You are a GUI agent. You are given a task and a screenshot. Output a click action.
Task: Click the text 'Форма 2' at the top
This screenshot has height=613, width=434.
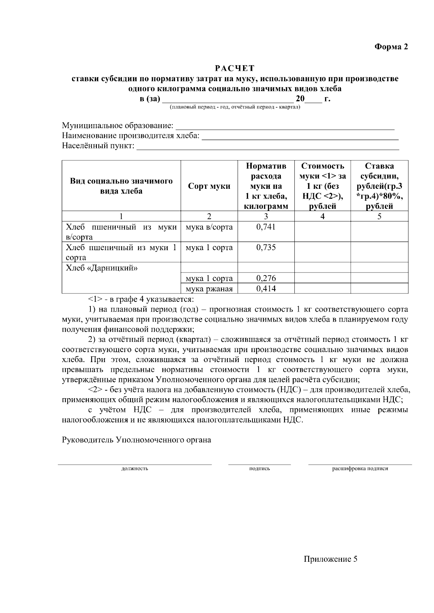(x=391, y=47)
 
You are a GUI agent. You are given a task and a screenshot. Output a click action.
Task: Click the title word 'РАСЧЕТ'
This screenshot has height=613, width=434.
(x=235, y=68)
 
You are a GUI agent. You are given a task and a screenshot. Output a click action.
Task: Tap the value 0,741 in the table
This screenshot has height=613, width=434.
(x=266, y=227)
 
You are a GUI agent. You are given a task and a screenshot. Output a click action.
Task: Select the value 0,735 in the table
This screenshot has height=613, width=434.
(x=266, y=247)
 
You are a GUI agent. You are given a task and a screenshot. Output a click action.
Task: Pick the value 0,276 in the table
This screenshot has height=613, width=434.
(x=266, y=278)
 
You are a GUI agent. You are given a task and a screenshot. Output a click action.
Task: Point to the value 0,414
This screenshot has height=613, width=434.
(x=266, y=288)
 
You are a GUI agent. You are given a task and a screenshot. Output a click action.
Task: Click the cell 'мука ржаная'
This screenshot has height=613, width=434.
(x=209, y=289)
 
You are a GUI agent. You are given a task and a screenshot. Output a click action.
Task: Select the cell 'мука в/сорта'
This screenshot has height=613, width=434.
(x=209, y=227)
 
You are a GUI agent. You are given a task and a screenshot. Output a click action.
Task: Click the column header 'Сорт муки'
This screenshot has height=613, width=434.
(x=209, y=186)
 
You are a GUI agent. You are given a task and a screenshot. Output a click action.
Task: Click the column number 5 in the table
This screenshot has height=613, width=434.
(x=379, y=216)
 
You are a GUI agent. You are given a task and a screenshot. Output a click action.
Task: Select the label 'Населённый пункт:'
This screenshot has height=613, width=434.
(x=98, y=146)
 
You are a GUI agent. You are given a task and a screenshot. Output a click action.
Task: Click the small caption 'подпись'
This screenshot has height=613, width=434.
(x=260, y=469)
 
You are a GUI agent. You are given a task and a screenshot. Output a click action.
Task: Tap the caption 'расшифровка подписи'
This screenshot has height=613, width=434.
(x=360, y=469)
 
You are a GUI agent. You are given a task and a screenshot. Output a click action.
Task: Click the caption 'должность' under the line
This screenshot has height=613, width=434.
(x=135, y=469)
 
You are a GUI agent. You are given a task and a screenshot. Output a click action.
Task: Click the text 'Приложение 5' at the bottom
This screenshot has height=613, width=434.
(x=331, y=559)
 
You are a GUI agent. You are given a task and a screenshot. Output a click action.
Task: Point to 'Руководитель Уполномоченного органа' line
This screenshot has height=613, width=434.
(x=136, y=440)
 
